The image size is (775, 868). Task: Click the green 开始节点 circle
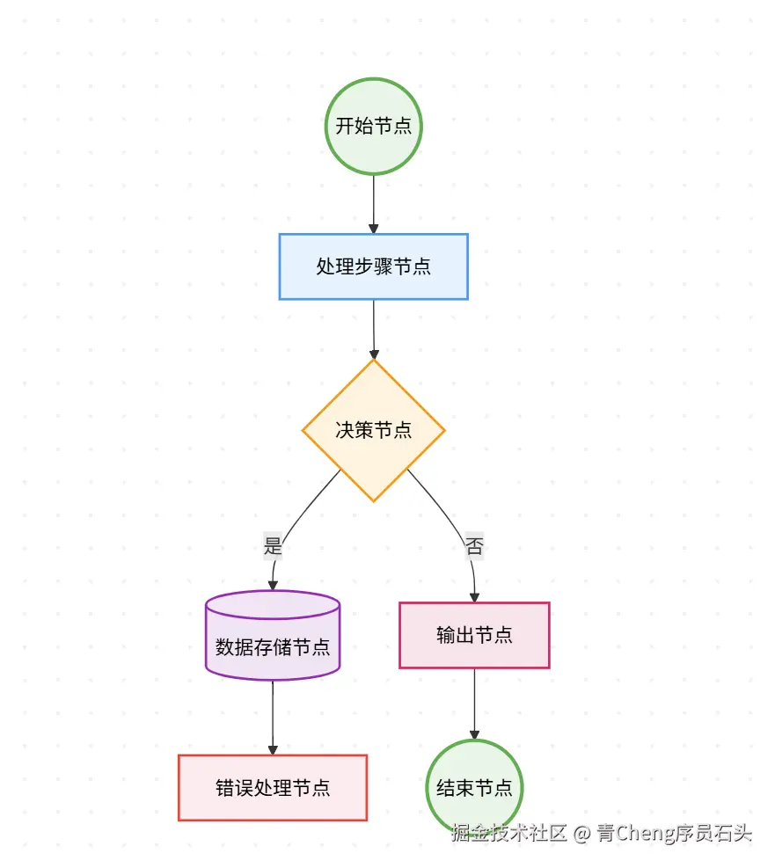[374, 126]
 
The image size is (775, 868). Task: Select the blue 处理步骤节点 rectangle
[374, 266]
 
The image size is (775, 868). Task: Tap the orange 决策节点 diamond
[374, 430]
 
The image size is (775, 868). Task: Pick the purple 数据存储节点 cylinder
[273, 647]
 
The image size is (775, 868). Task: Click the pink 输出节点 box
[474, 635]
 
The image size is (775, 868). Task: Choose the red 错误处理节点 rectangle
[273, 787]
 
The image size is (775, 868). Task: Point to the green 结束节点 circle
[474, 787]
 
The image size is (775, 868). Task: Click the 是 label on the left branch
[273, 546]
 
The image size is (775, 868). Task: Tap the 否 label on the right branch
[474, 546]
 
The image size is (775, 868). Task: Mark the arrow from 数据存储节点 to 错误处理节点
[273, 716]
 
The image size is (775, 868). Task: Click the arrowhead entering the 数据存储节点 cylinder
[273, 585]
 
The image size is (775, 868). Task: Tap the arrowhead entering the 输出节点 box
[474, 597]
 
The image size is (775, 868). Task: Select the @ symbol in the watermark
[581, 833]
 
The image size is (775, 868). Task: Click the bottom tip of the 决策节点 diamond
[374, 500]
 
